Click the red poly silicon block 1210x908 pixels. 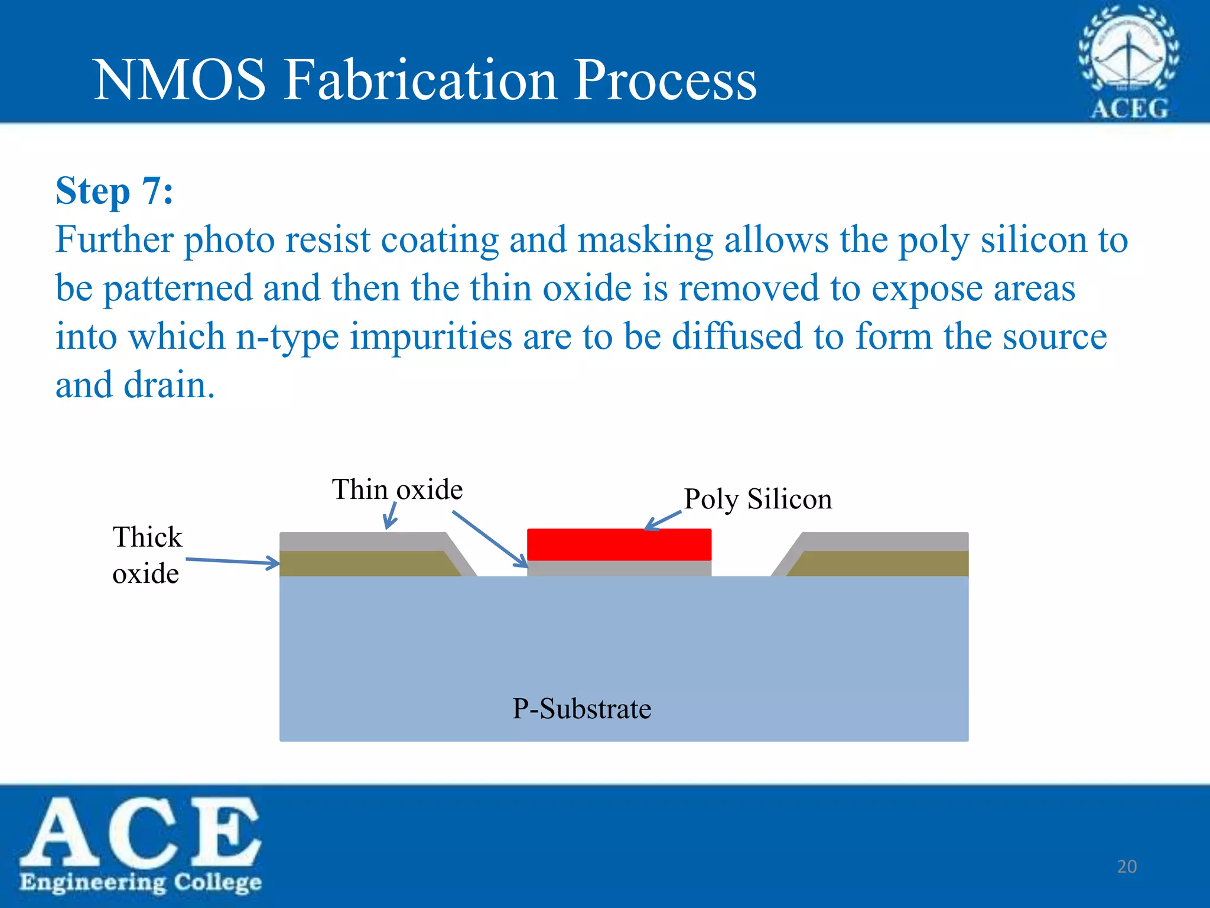(619, 544)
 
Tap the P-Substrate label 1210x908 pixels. (581, 708)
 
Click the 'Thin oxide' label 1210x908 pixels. (397, 489)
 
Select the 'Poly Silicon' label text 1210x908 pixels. (757, 499)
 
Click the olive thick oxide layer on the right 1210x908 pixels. (886, 563)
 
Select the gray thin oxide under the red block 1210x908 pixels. (619, 568)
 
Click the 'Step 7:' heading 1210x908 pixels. (114, 191)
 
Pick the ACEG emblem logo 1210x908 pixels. (1128, 62)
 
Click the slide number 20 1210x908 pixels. (1127, 867)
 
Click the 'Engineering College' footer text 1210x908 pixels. (141, 882)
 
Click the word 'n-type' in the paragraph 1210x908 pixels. (287, 337)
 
